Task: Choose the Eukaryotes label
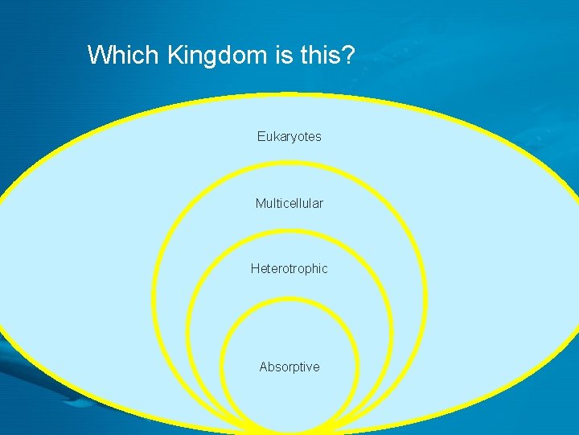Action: pos(289,137)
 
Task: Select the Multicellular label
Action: pos(289,204)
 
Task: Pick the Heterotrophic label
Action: pos(289,269)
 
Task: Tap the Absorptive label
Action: pos(289,367)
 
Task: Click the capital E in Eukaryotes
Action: pos(261,137)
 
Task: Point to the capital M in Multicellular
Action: pos(261,204)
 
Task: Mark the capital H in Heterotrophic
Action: pos(255,269)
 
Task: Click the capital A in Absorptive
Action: pos(264,367)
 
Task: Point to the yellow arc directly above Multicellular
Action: pos(289,165)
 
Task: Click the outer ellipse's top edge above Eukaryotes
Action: pos(289,95)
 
